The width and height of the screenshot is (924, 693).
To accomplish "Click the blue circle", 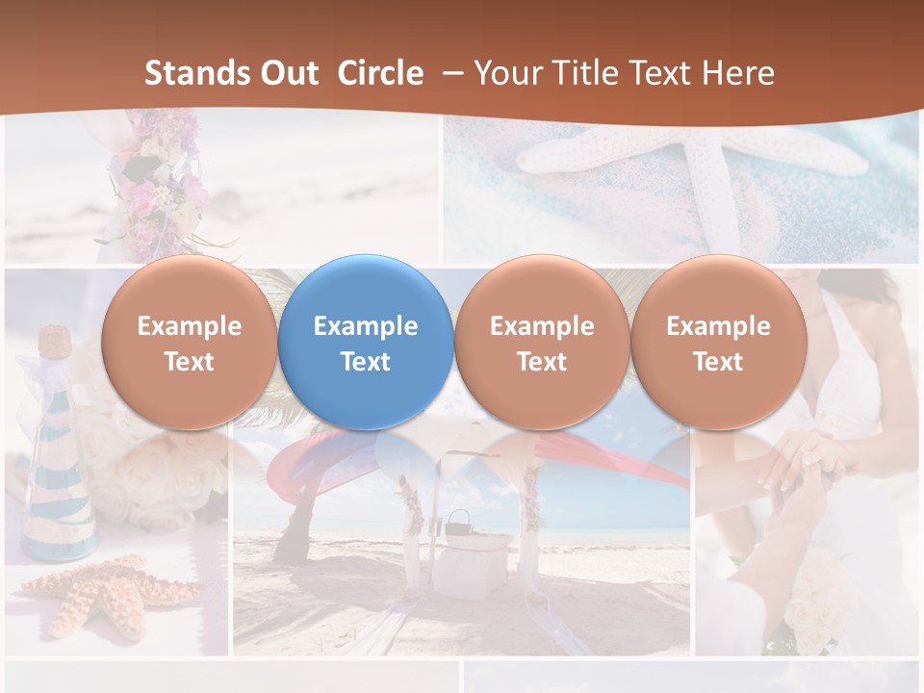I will (x=366, y=342).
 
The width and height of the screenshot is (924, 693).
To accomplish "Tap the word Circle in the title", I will (x=380, y=73).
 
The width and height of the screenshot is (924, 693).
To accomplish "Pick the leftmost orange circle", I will (x=189, y=342).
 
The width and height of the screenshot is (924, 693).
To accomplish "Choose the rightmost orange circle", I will (x=718, y=342).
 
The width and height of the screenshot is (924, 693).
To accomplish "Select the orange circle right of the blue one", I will (x=542, y=342).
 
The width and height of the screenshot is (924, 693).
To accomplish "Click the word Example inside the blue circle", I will (x=366, y=326).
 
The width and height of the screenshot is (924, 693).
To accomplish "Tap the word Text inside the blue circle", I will (x=366, y=362).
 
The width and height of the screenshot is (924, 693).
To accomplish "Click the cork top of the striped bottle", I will (x=56, y=340).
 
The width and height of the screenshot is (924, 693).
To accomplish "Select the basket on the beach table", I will (x=458, y=525).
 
